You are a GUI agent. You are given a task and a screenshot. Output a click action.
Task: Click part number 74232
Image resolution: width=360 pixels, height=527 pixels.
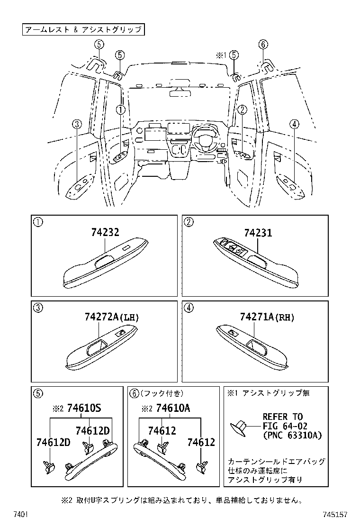click(105, 233)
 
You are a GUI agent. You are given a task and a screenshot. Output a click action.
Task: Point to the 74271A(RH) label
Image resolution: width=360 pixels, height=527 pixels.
click(267, 318)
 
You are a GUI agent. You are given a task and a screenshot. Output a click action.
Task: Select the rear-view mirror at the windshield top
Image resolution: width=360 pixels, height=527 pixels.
click(180, 91)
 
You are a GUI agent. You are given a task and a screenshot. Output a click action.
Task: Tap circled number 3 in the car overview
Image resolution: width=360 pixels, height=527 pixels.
click(78, 124)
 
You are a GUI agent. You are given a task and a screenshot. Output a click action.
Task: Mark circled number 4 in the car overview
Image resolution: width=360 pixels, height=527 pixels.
click(295, 124)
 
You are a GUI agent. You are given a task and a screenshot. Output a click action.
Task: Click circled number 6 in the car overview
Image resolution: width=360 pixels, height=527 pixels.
click(263, 45)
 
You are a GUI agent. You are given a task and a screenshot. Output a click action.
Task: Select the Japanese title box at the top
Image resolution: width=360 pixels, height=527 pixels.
click(83, 29)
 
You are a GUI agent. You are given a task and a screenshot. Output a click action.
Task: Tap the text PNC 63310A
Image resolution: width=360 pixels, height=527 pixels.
click(292, 436)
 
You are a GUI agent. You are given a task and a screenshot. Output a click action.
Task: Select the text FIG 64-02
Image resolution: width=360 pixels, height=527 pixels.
click(285, 426)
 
